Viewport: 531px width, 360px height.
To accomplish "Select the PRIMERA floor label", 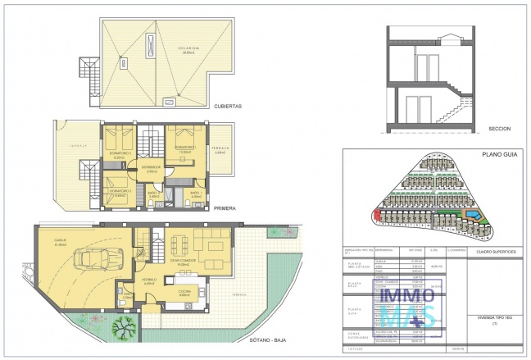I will (x=225, y=208).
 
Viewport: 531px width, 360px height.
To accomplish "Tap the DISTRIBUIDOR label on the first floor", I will (x=151, y=166).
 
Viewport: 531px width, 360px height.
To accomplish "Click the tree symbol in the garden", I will (x=127, y=331).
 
